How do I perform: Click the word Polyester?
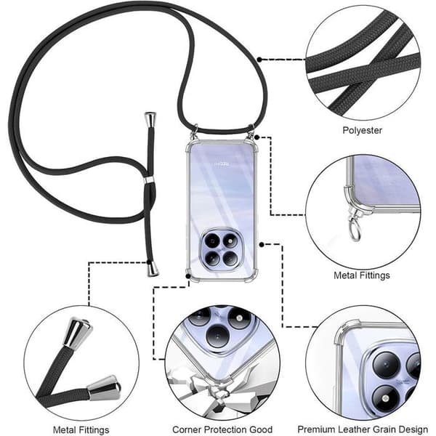pyautogui.click(x=362, y=130)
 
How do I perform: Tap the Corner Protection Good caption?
pyautogui.click(x=222, y=429)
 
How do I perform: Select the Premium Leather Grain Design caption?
pyautogui.click(x=363, y=429)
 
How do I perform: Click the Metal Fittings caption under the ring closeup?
pyautogui.click(x=361, y=275)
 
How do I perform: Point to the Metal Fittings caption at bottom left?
pyautogui.click(x=81, y=430)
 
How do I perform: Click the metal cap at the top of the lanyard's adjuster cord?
pyautogui.click(x=150, y=120)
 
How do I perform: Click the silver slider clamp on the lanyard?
pyautogui.click(x=149, y=180)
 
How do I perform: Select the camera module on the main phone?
pyautogui.click(x=222, y=249)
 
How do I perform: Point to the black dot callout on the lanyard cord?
pyautogui.click(x=259, y=60)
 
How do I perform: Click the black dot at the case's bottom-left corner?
pyautogui.click(x=188, y=276)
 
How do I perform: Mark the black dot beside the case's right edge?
pyautogui.click(x=262, y=245)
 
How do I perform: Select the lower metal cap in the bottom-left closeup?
pyautogui.click(x=104, y=388)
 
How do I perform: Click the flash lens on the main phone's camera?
pyautogui.click(x=230, y=241)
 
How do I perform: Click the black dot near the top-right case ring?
pyautogui.click(x=257, y=137)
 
